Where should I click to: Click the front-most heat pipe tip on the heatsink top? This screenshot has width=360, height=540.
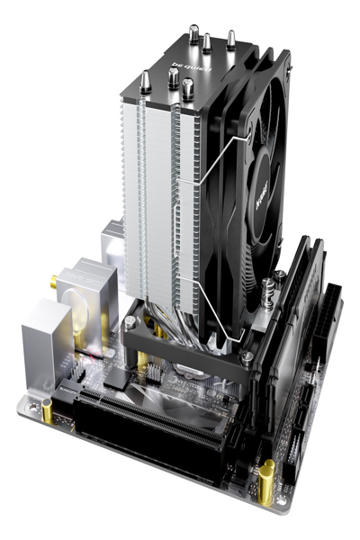(x=188, y=89)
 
